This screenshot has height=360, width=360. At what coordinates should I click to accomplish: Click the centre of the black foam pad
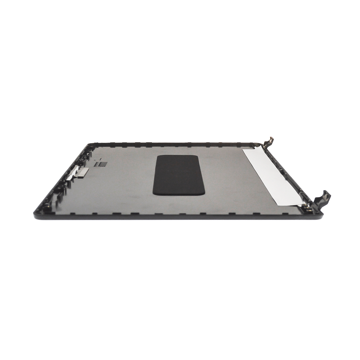[179, 175]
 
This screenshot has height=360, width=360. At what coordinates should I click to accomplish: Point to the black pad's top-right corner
[198, 156]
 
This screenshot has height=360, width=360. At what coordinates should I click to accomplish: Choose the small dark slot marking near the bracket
[102, 164]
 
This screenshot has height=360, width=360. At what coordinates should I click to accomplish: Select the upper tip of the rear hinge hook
[272, 138]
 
